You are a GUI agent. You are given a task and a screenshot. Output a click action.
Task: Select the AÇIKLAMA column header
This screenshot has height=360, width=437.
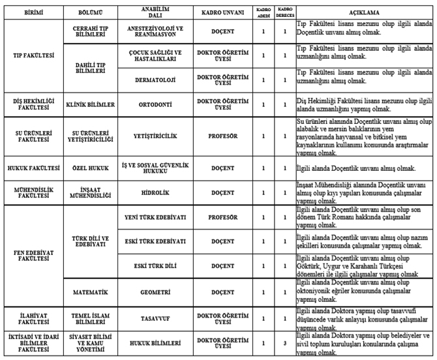[363, 12]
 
